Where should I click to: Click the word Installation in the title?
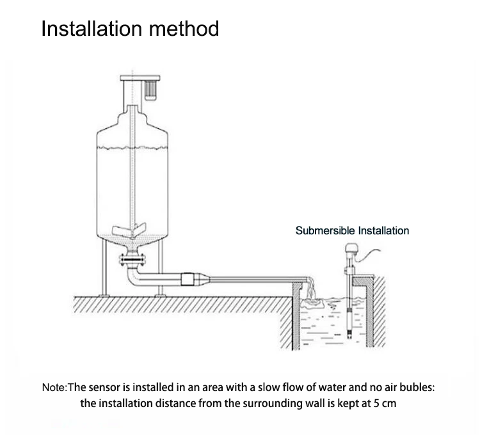(90, 29)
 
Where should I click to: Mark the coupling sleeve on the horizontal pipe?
(190, 279)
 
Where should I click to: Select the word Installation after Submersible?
(383, 230)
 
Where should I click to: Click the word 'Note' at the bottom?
(54, 387)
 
